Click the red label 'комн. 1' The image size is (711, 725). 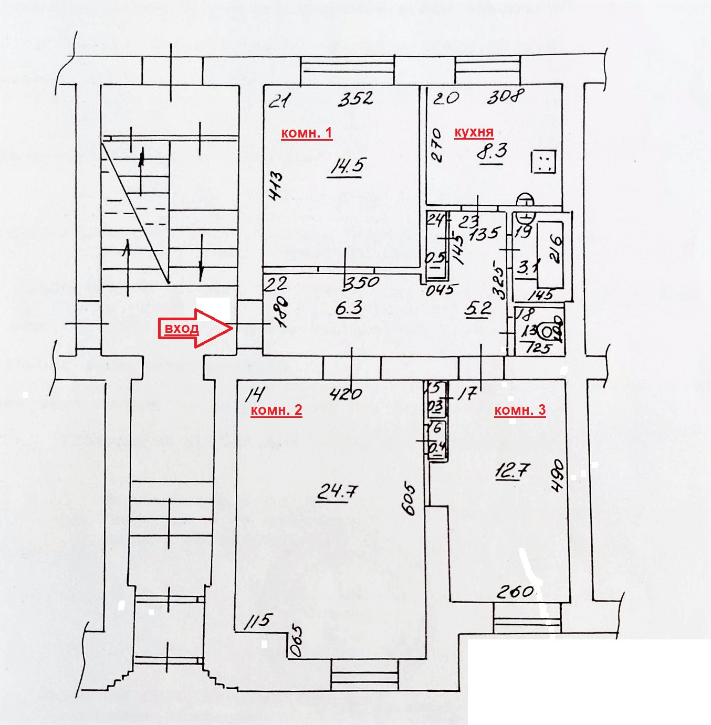[307, 133]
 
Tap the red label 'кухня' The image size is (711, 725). [474, 132]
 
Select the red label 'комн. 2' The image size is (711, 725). [276, 410]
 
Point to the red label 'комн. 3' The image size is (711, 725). [520, 410]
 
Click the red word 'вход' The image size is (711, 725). [181, 329]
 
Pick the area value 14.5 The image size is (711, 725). [347, 167]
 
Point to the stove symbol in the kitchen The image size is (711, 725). [543, 162]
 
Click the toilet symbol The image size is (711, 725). [550, 332]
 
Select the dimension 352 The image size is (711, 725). [355, 98]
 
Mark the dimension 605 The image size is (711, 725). [408, 499]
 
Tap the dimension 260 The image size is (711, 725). [515, 592]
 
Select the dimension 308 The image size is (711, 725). [505, 97]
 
